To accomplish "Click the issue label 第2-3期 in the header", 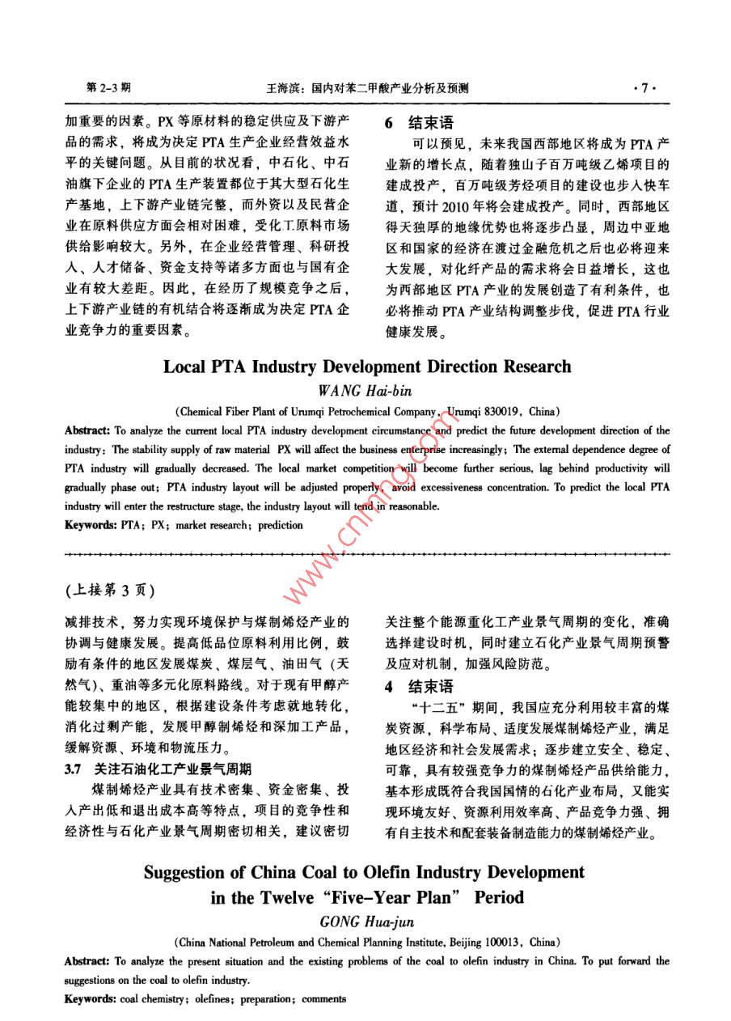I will click(x=108, y=89).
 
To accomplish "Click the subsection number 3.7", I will click(x=76, y=769).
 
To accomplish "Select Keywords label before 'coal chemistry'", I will click(x=91, y=999).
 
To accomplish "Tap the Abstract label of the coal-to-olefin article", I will click(x=88, y=961).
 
